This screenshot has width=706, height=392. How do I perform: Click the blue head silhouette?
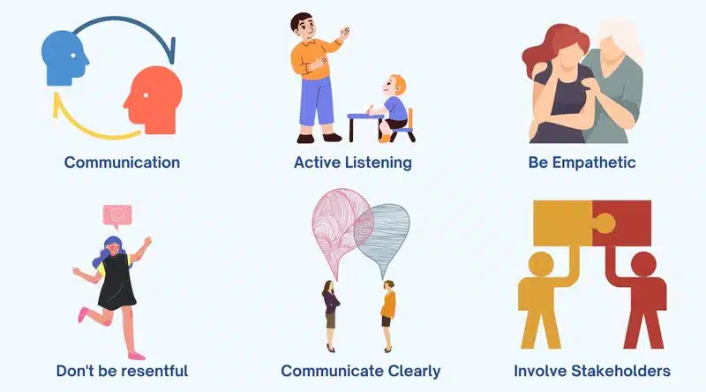pos(64,57)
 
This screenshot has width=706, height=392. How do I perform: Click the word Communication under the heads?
pos(122,162)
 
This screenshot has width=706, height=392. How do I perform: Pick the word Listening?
pos(379,162)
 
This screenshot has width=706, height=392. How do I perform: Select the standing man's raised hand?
pos(344,34)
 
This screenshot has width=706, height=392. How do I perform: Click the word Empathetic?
pos(594,162)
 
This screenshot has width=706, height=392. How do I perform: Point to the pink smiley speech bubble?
pos(117,215)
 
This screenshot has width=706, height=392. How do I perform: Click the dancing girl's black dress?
pos(116,283)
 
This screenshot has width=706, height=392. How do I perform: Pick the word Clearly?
pos(414,372)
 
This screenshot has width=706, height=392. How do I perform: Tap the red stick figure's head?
pos(643,264)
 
